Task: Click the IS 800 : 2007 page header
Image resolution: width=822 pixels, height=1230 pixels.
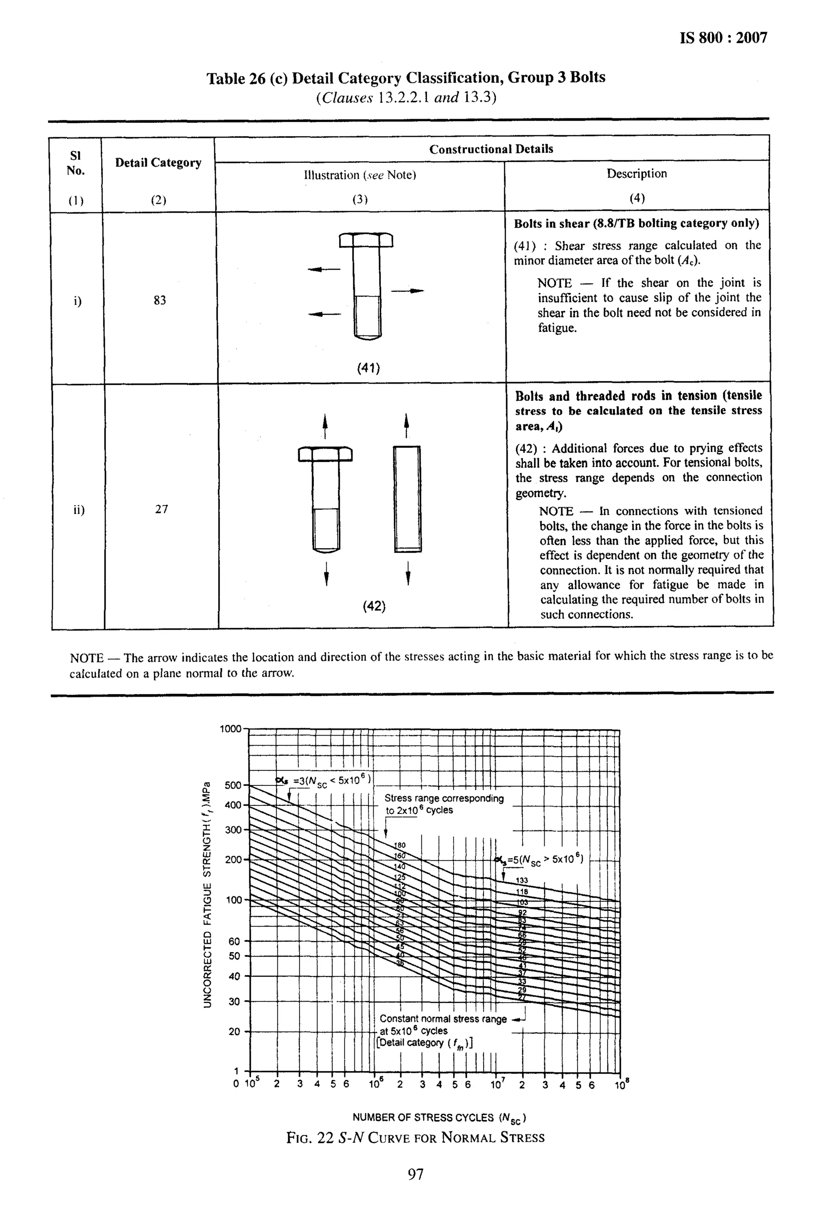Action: point(723,38)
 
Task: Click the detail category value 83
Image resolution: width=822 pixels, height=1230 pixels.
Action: point(160,300)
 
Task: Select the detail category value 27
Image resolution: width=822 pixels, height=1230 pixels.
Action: point(161,509)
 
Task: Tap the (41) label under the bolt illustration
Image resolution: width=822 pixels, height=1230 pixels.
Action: point(368,368)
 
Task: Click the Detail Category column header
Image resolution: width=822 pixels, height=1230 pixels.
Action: point(158,163)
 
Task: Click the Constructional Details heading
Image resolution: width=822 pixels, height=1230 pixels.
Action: point(491,149)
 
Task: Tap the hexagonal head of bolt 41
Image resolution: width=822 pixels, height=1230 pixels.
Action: point(366,240)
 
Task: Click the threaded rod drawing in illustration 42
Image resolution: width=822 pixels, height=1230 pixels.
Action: point(407,498)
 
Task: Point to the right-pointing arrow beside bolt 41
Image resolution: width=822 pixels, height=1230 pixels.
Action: point(408,290)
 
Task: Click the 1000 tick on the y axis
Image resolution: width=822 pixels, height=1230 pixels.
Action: point(231,729)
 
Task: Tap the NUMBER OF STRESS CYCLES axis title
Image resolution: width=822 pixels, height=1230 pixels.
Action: point(439,1117)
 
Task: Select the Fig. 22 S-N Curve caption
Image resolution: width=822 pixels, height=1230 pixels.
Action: point(415,1138)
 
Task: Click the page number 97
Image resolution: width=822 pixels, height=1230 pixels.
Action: point(415,1175)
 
